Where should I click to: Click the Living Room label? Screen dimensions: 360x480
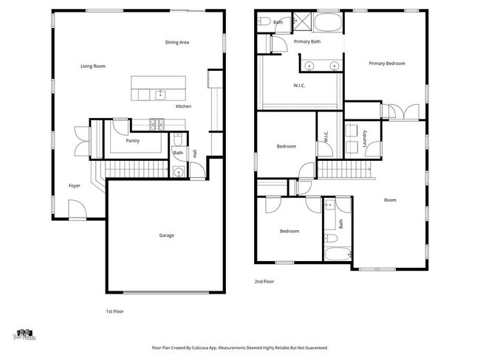point(93,66)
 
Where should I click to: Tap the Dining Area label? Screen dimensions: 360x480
point(177,43)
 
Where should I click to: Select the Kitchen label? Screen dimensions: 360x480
point(183,107)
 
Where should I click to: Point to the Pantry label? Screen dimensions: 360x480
point(133,140)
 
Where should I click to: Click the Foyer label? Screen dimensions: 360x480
point(75,186)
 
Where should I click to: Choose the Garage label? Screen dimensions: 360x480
point(167,235)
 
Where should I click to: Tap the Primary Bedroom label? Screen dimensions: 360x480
point(387,63)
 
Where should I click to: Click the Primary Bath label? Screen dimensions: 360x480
point(306,42)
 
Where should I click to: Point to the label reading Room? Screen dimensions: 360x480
point(390,200)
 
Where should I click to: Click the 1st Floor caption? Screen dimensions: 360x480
point(114,312)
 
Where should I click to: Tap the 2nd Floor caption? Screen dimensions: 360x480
point(264,281)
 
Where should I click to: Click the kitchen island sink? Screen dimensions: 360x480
point(160,93)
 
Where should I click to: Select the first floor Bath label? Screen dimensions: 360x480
point(178,153)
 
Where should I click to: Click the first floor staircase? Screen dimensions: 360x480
point(133,171)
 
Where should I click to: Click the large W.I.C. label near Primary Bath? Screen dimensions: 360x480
point(300,86)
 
